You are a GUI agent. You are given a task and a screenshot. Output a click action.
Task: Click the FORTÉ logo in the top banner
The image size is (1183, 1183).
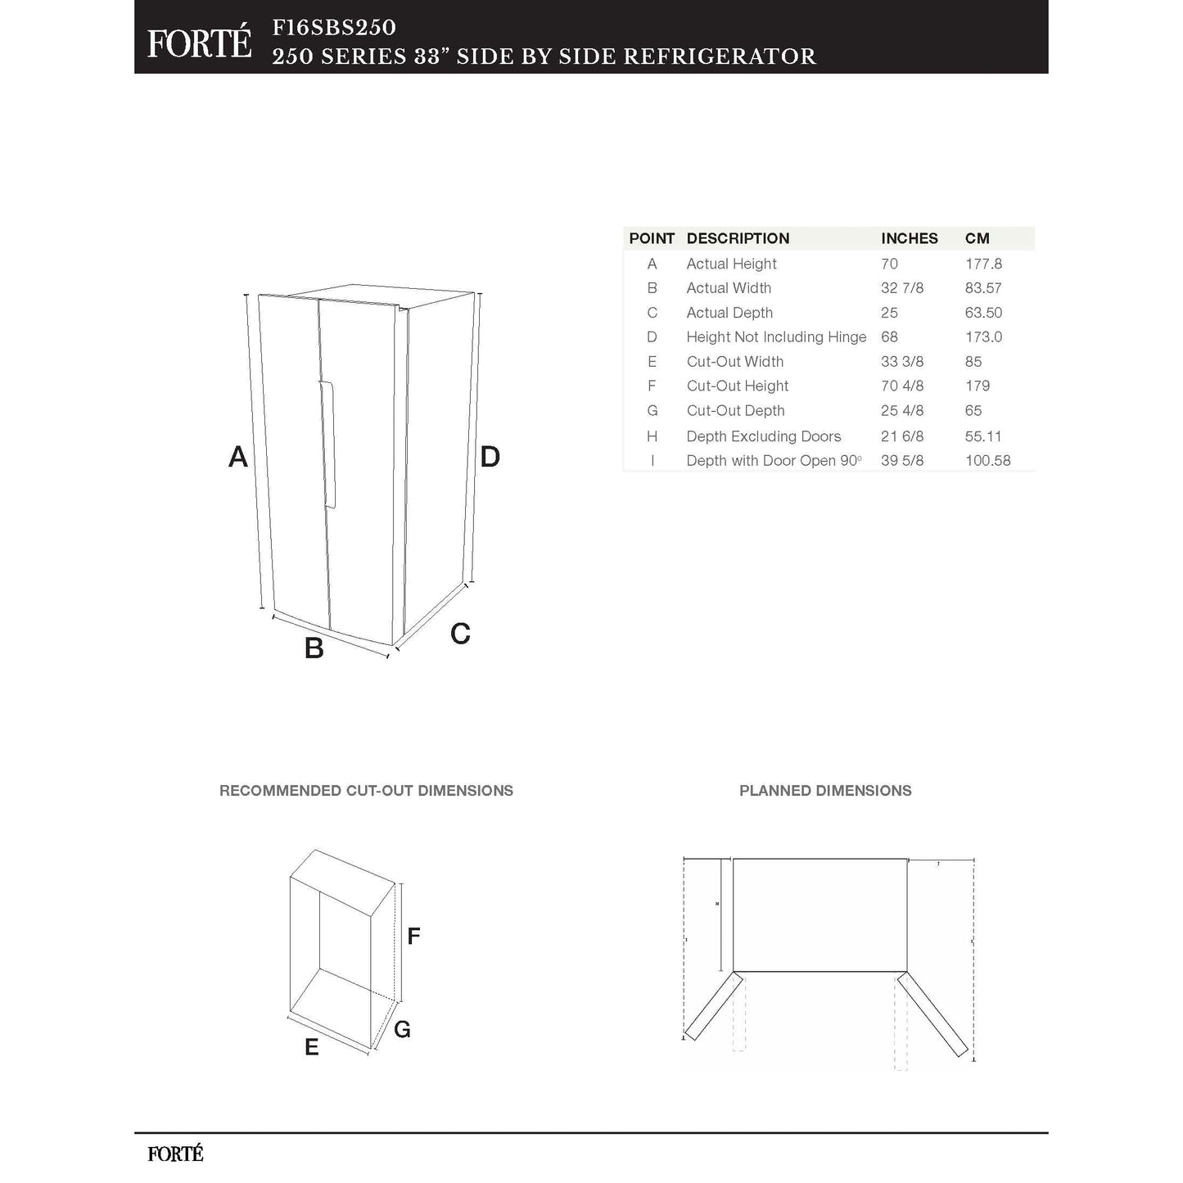pos(199,43)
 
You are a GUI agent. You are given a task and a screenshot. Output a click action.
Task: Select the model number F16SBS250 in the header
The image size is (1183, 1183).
pos(334,27)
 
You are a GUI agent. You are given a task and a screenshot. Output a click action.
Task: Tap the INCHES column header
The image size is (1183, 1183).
pos(909,238)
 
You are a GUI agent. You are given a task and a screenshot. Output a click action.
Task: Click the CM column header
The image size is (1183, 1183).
pos(977,238)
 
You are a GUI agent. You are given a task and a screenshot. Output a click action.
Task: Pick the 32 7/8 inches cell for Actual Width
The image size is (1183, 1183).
pos(901,288)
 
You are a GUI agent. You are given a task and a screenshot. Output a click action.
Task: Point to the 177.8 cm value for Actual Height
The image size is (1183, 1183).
pos(983,264)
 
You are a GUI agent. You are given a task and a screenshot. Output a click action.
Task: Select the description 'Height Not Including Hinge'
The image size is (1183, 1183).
pos(775,336)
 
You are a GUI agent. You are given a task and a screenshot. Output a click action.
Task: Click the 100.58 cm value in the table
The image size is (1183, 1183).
pos(987,461)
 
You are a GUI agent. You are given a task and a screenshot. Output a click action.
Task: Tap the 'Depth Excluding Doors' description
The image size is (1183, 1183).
pos(763,436)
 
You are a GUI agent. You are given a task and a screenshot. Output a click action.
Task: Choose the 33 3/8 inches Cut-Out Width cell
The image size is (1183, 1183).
pos(901,362)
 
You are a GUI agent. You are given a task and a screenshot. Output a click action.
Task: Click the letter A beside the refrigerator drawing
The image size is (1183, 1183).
pos(237,457)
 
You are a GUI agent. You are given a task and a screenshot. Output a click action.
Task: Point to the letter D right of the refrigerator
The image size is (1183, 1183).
pos(490,457)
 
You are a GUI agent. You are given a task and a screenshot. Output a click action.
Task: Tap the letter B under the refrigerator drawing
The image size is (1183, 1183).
pos(314,648)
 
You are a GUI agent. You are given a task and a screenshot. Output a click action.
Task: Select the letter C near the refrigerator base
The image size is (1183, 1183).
pos(460,634)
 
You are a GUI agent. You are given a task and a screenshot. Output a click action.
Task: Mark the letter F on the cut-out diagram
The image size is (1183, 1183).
pos(413,936)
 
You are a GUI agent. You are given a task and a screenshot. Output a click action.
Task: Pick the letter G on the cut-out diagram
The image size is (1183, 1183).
pos(402,1030)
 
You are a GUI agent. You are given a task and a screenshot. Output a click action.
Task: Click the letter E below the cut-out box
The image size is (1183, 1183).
pos(311,1048)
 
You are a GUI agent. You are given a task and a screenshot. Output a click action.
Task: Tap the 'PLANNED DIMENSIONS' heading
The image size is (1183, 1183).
pos(824,791)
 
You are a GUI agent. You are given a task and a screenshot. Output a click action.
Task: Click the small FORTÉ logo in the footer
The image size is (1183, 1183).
pos(175,1154)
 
